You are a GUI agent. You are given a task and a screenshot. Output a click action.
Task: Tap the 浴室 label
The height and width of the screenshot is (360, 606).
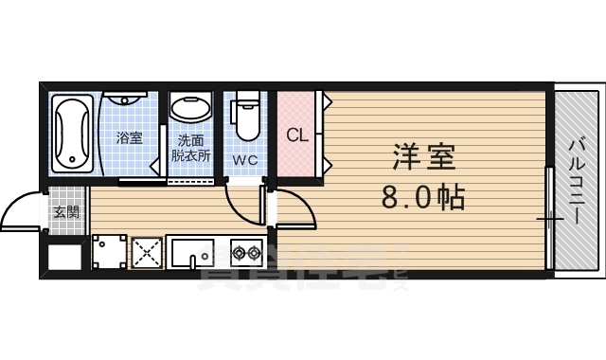click(129, 138)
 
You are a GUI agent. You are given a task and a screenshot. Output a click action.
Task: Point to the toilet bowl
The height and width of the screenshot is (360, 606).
click(247, 118)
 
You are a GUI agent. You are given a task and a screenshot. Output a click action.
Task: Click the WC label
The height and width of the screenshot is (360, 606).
click(246, 160)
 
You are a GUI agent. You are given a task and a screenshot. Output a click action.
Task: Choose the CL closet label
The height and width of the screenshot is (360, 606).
click(297, 134)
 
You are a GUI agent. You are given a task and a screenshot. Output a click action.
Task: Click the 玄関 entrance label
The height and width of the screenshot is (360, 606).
click(66, 211)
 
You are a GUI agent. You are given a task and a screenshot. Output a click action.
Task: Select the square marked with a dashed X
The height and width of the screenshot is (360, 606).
click(148, 254)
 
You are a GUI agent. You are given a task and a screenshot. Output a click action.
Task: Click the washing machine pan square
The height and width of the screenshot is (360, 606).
click(108, 253)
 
